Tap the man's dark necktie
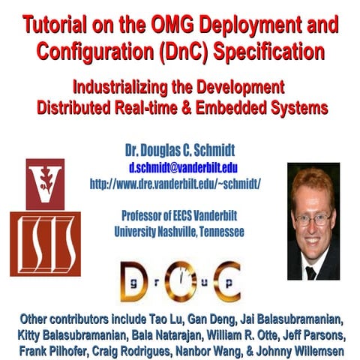[310, 271]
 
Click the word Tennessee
[214, 233]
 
